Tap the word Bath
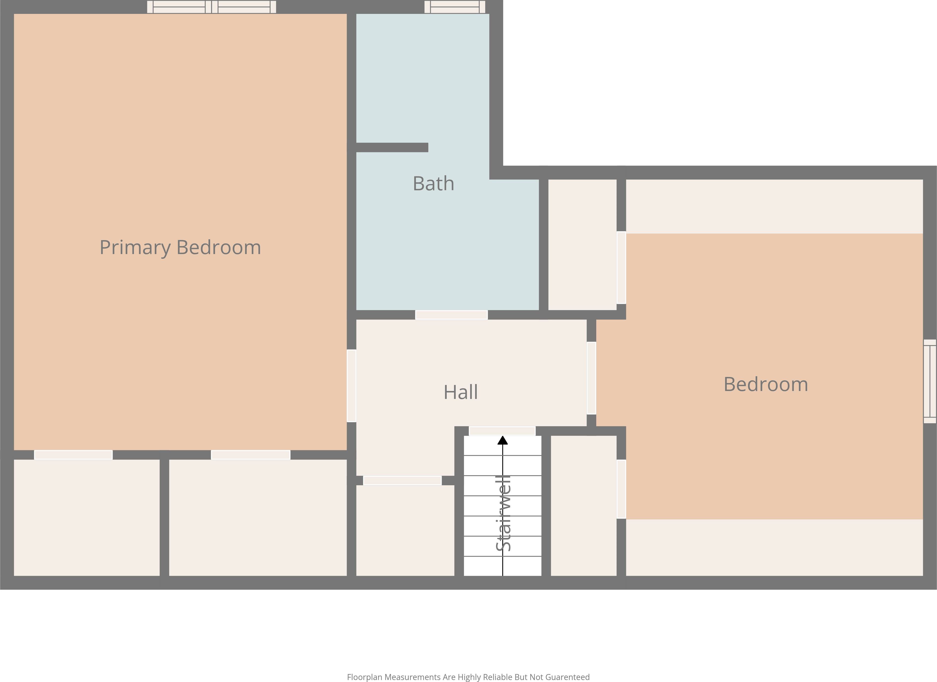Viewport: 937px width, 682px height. click(433, 184)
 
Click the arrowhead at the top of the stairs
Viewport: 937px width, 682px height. click(502, 440)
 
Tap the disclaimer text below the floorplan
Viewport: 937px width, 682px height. click(468, 677)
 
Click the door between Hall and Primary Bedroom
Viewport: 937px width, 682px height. click(351, 386)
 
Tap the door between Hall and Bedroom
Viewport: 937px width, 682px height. click(591, 378)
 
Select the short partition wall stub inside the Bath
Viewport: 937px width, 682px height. click(392, 147)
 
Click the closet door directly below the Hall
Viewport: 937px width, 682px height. click(402, 480)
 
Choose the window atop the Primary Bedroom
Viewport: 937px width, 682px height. click(212, 7)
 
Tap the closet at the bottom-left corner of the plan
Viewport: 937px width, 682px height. click(87, 518)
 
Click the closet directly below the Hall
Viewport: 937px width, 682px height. click(405, 530)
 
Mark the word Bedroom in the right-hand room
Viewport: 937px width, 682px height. click(766, 384)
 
